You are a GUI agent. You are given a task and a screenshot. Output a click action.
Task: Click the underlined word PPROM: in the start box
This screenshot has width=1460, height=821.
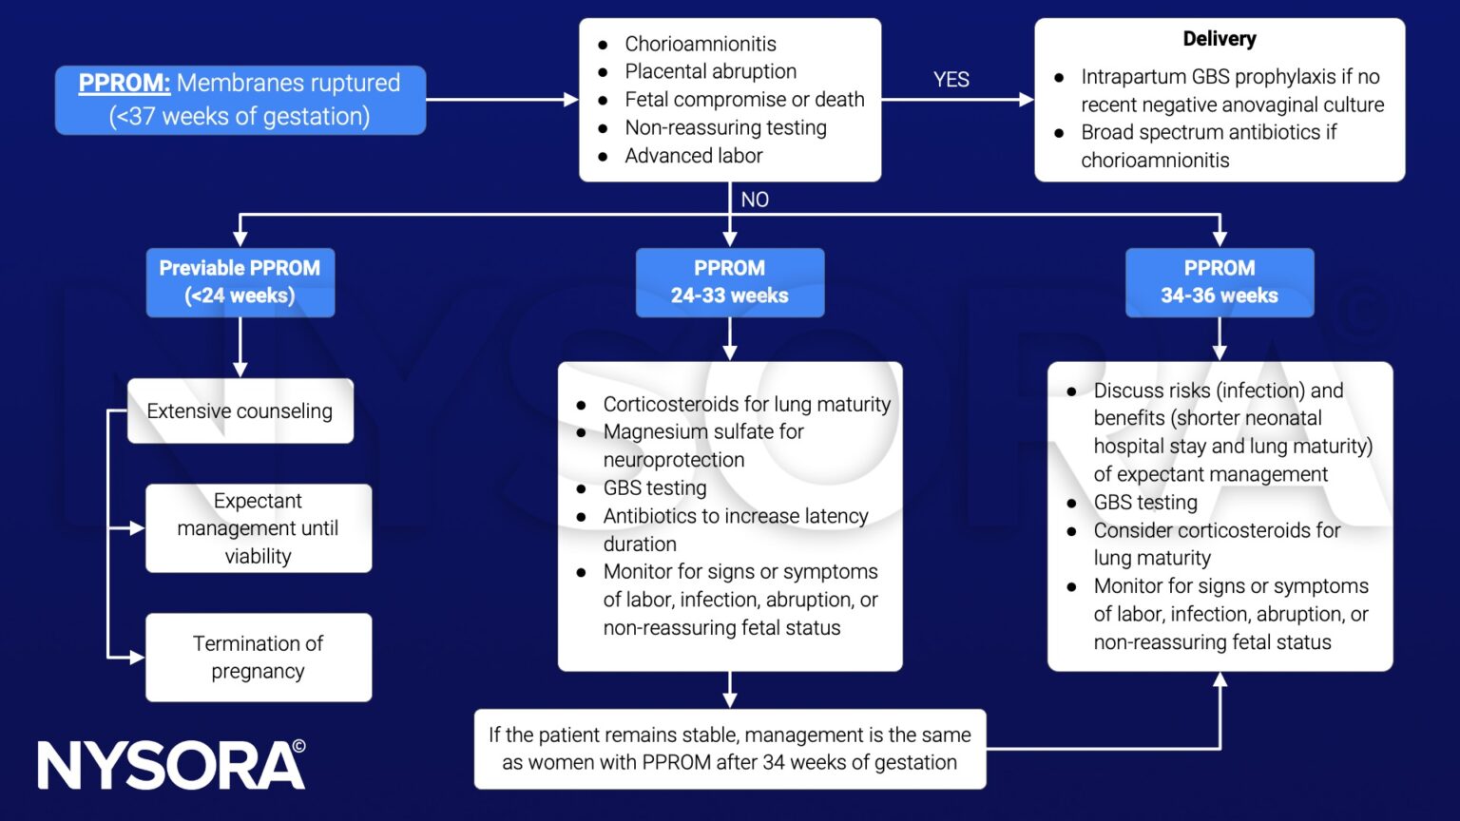click(x=124, y=84)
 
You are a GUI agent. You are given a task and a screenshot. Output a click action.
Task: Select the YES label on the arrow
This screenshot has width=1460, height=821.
click(x=951, y=80)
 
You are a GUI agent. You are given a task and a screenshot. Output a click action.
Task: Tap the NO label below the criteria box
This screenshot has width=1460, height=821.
click(x=755, y=200)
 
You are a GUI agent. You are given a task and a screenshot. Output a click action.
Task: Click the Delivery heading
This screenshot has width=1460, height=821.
click(x=1219, y=39)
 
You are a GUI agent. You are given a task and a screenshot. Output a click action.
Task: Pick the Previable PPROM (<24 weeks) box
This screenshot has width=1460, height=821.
click(x=240, y=282)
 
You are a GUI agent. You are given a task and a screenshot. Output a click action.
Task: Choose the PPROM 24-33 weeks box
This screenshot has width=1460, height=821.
click(x=729, y=282)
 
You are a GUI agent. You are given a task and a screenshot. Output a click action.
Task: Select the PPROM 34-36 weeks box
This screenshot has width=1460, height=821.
click(x=1219, y=282)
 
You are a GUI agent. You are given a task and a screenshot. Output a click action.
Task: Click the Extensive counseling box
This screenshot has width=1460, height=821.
click(x=240, y=411)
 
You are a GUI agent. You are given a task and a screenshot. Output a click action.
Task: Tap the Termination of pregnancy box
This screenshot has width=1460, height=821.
click(x=258, y=658)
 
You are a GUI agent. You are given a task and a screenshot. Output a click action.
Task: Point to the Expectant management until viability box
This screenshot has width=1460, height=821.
click(x=258, y=528)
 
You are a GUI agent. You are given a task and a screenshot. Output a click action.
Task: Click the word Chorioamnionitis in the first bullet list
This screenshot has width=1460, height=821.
click(x=700, y=44)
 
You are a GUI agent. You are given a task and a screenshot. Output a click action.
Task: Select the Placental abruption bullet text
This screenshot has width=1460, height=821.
click(x=710, y=71)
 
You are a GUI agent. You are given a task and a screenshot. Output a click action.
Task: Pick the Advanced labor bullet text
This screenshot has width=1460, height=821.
click(x=693, y=156)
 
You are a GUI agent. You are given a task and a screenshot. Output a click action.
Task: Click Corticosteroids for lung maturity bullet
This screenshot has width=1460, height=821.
click(x=746, y=405)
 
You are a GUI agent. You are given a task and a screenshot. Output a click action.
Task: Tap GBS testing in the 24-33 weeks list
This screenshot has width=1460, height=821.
click(x=654, y=488)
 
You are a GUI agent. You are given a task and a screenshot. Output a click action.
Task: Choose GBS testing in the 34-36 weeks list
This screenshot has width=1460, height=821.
click(x=1144, y=503)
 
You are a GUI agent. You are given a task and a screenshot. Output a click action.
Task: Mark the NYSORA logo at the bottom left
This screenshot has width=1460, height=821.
click(x=171, y=765)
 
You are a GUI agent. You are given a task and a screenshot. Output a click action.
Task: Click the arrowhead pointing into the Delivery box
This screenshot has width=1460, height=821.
click(x=1027, y=99)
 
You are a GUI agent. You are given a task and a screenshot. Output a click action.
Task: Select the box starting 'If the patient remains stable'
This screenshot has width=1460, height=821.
click(x=729, y=749)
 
